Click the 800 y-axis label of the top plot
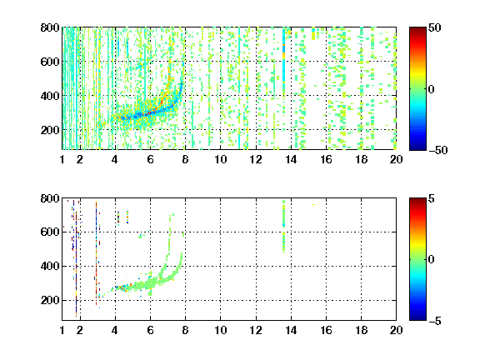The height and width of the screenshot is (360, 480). click(50, 27)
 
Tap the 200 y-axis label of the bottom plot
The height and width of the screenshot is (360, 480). click(50, 300)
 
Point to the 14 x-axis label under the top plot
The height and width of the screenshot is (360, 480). click(291, 159)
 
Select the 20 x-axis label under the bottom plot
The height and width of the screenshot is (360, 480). click(396, 330)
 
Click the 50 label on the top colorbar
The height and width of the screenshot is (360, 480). click(434, 27)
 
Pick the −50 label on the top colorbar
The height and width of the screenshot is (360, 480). click(438, 150)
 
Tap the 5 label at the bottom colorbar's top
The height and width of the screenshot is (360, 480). click(432, 198)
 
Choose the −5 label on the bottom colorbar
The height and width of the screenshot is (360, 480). click(435, 321)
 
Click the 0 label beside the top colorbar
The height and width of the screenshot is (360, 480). click(432, 89)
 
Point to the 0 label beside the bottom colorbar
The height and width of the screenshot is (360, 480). click(432, 260)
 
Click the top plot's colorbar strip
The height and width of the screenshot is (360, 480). click(417, 89)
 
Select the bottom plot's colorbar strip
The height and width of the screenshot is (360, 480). click(417, 259)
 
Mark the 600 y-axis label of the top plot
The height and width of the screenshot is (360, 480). click(50, 62)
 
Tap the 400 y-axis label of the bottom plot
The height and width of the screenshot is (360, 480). click(50, 266)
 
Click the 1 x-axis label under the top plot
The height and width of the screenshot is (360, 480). click(62, 159)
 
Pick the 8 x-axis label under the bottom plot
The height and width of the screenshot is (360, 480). click(185, 330)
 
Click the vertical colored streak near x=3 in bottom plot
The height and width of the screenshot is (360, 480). click(96, 253)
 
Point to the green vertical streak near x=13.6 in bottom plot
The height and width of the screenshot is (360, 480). click(284, 226)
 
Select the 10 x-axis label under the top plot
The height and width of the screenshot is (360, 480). click(220, 159)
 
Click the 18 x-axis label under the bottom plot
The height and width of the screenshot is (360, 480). click(361, 330)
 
